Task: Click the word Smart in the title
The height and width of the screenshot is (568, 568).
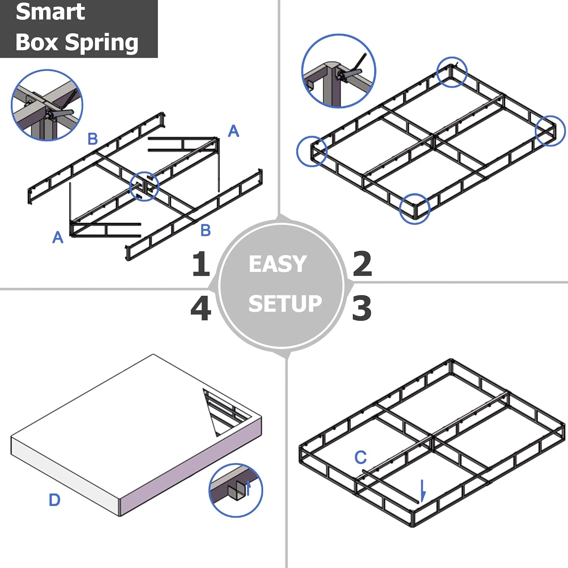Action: click(x=50, y=12)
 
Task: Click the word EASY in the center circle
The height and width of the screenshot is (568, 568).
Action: click(x=278, y=264)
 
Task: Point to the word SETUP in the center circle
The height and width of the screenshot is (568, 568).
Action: click(x=285, y=304)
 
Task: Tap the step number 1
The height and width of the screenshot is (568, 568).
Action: click(x=201, y=264)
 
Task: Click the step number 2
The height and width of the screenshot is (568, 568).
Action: click(x=362, y=264)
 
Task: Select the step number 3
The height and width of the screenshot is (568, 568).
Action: click(x=362, y=308)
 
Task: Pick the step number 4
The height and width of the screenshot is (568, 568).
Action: click(x=201, y=308)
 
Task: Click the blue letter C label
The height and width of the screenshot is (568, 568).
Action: click(x=360, y=457)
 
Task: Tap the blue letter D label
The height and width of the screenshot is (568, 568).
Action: click(x=55, y=500)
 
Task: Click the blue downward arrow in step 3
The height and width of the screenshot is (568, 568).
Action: click(x=423, y=491)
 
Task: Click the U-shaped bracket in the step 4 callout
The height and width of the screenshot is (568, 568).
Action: click(x=236, y=491)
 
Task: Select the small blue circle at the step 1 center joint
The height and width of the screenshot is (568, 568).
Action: click(x=144, y=186)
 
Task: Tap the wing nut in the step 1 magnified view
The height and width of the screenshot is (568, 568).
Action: click(x=61, y=113)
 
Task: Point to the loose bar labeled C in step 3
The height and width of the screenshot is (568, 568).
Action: click(x=390, y=487)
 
